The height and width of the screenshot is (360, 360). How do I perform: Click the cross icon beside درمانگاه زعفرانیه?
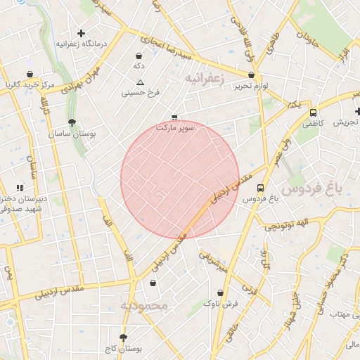coord(82,33)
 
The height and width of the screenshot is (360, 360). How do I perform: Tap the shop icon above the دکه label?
coord(139,55)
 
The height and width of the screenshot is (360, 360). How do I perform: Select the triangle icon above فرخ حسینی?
coord(140,82)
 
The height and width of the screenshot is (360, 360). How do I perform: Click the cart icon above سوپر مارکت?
coord(174,117)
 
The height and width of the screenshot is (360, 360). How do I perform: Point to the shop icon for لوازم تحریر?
coord(251,75)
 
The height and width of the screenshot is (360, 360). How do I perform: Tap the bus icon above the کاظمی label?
coord(313,112)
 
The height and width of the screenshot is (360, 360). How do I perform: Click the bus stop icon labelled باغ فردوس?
coord(260,188)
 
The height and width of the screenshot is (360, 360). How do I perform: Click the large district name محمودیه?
coord(144,306)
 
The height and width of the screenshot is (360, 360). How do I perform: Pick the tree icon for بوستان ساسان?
coord(72,122)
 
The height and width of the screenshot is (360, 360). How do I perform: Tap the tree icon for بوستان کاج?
coord(124,337)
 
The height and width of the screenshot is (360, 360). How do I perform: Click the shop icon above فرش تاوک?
coord(221,292)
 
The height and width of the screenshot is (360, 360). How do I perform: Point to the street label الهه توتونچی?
coord(282,225)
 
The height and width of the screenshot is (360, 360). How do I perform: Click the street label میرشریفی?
coord(213,261)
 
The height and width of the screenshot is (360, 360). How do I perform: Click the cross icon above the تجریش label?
coord(358,111)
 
